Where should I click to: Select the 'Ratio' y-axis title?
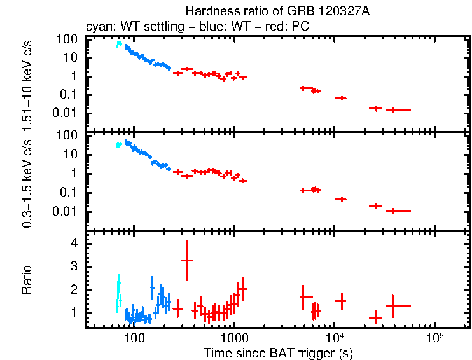[x=27, y=280]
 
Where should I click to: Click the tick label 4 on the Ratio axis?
[x=73, y=244]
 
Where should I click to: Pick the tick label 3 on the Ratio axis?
[x=73, y=267]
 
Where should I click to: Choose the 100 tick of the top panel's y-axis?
[x=69, y=39]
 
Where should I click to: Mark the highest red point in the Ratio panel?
[x=186, y=260]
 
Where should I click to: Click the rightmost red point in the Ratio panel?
[x=394, y=306]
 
